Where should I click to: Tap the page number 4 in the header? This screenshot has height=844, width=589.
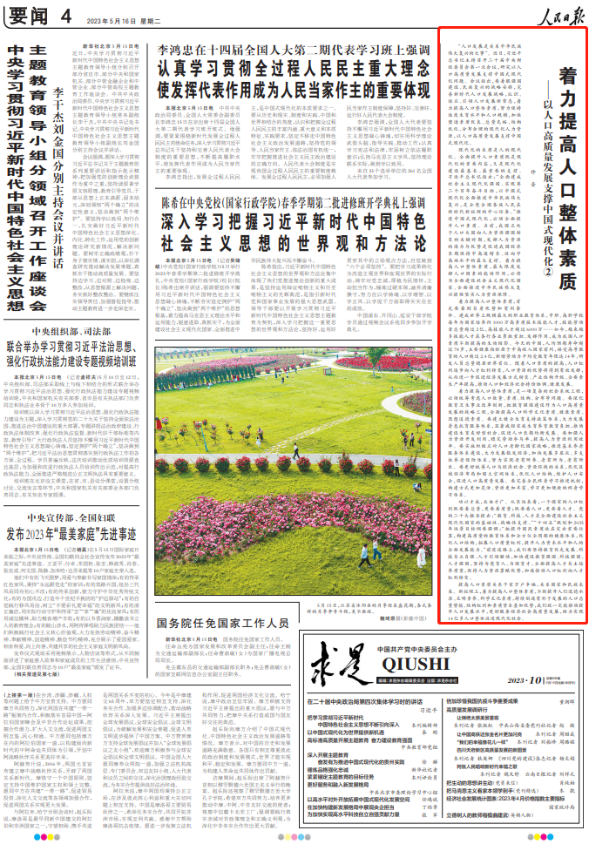tap(66, 16)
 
